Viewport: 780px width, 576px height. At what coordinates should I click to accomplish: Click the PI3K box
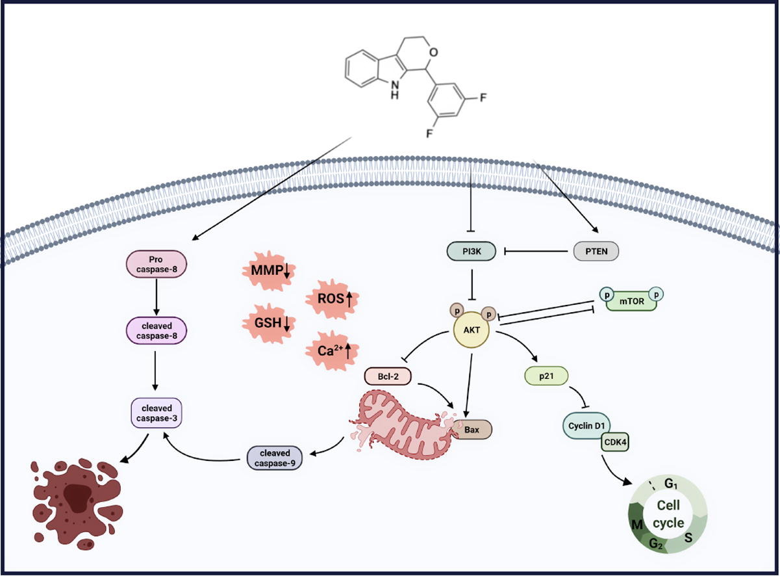pos(470,250)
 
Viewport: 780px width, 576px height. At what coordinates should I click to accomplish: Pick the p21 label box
pos(545,376)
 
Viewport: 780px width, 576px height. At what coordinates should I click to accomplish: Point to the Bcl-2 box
pos(386,376)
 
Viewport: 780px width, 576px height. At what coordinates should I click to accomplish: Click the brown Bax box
pos(473,429)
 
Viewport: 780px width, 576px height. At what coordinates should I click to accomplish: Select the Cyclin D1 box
pos(585,426)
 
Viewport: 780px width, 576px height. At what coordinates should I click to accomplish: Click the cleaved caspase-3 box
pos(156,412)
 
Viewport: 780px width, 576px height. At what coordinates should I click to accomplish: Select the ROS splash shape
pos(331,299)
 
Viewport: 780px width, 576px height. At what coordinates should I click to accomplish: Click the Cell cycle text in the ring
pos(670,514)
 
